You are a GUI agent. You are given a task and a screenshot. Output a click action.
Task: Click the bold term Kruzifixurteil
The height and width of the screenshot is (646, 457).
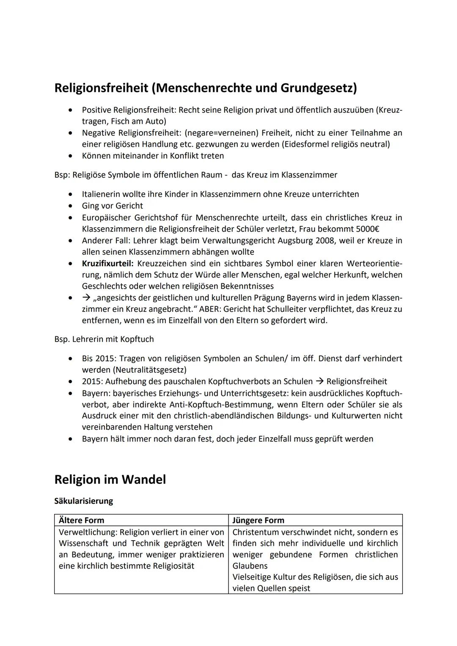(x=107, y=264)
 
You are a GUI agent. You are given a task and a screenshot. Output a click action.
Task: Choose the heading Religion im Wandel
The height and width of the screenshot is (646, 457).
(x=110, y=479)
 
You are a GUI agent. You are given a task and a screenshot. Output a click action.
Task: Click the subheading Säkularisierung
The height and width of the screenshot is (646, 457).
(x=84, y=501)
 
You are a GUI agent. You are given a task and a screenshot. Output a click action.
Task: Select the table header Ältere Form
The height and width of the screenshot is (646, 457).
(x=81, y=520)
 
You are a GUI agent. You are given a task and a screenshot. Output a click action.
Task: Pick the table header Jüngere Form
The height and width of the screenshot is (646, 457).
(x=258, y=520)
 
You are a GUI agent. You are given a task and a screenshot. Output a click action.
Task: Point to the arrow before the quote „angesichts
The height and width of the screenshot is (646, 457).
(x=87, y=297)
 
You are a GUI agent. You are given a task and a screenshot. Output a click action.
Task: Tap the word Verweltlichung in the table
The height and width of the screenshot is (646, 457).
(x=87, y=532)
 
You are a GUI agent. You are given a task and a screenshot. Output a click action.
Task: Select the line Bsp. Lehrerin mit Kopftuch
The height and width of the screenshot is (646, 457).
(x=104, y=339)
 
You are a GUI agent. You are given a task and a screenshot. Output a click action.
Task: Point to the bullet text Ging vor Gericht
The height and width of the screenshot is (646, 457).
(x=112, y=206)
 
